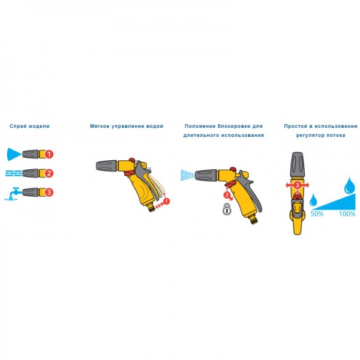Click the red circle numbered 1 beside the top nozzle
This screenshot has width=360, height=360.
coord(50,154)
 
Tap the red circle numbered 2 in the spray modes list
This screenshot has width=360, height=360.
coord(50,173)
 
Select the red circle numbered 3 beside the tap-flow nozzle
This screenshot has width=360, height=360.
coord(50,193)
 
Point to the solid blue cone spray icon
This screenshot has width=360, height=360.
coord(14,154)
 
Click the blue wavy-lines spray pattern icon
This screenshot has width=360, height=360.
coord(14,173)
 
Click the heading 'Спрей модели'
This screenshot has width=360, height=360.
coord(30,127)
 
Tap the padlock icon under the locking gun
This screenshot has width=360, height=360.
coord(227,209)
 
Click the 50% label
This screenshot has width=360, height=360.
coord(316,214)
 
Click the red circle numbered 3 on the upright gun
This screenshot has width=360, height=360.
coord(298,186)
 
